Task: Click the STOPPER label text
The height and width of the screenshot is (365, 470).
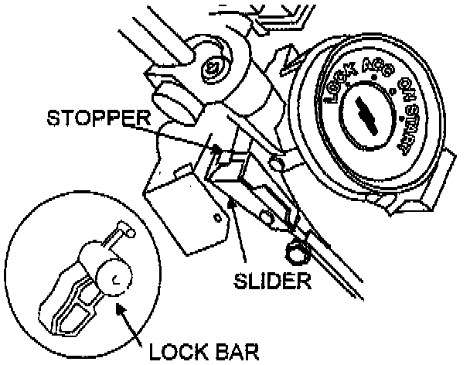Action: (x=97, y=120)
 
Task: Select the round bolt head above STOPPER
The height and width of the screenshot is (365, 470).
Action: (x=208, y=70)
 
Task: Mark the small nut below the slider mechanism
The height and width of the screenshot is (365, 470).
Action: (x=295, y=251)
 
